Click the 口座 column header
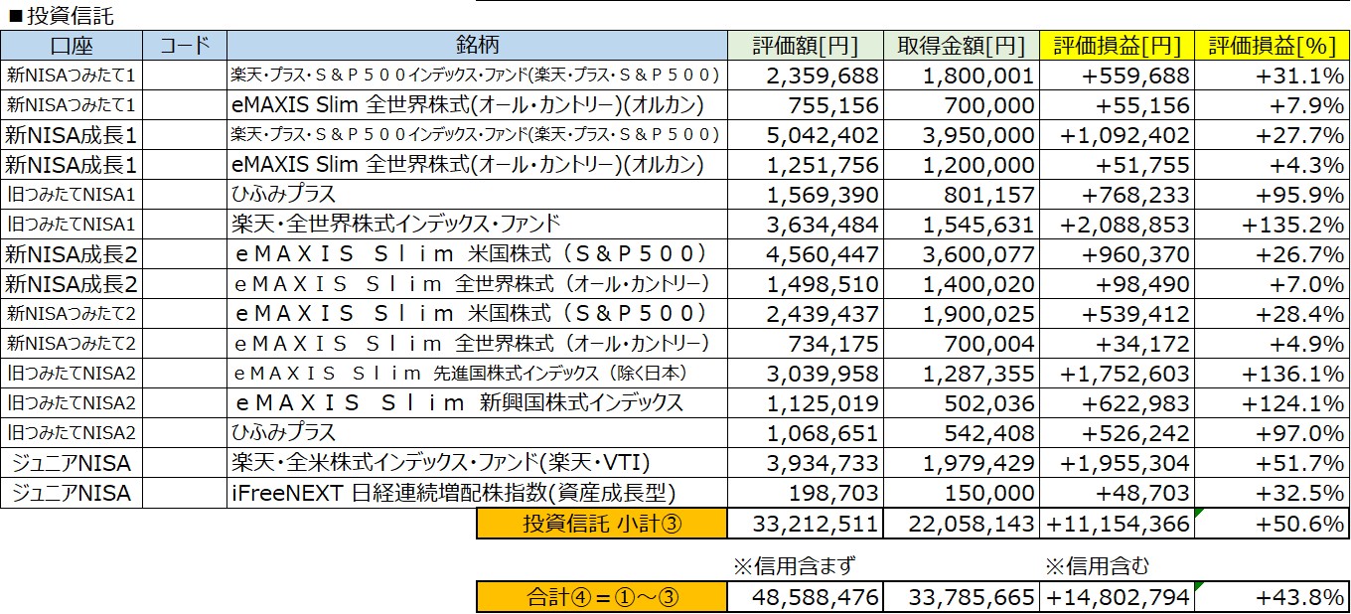click(x=72, y=46)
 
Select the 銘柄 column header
click(x=477, y=46)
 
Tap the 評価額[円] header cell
click(x=805, y=46)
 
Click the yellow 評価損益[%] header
click(x=1272, y=46)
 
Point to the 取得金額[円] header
click(x=961, y=46)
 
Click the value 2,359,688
click(x=823, y=76)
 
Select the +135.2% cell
click(x=1291, y=225)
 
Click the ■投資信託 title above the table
click(x=60, y=16)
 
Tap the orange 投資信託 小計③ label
click(x=602, y=524)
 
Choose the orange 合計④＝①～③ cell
click(x=602, y=597)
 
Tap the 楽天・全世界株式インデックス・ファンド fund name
click(x=395, y=225)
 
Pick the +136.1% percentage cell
click(x=1291, y=374)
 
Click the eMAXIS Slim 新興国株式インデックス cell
click(x=461, y=403)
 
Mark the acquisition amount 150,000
click(x=993, y=493)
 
